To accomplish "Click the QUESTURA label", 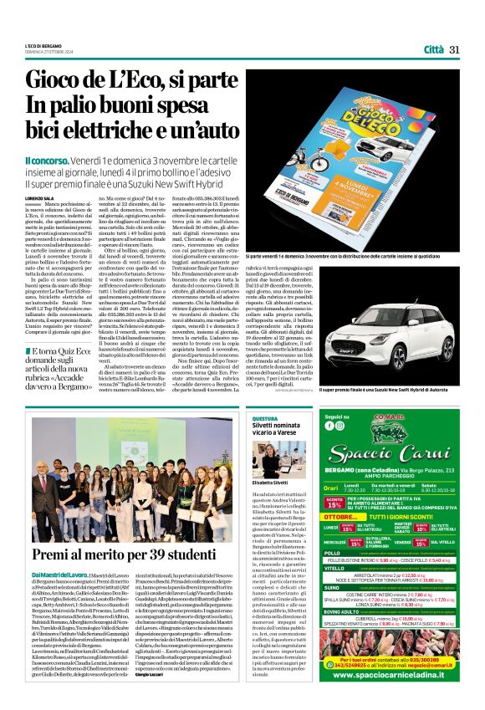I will click(264, 417).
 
